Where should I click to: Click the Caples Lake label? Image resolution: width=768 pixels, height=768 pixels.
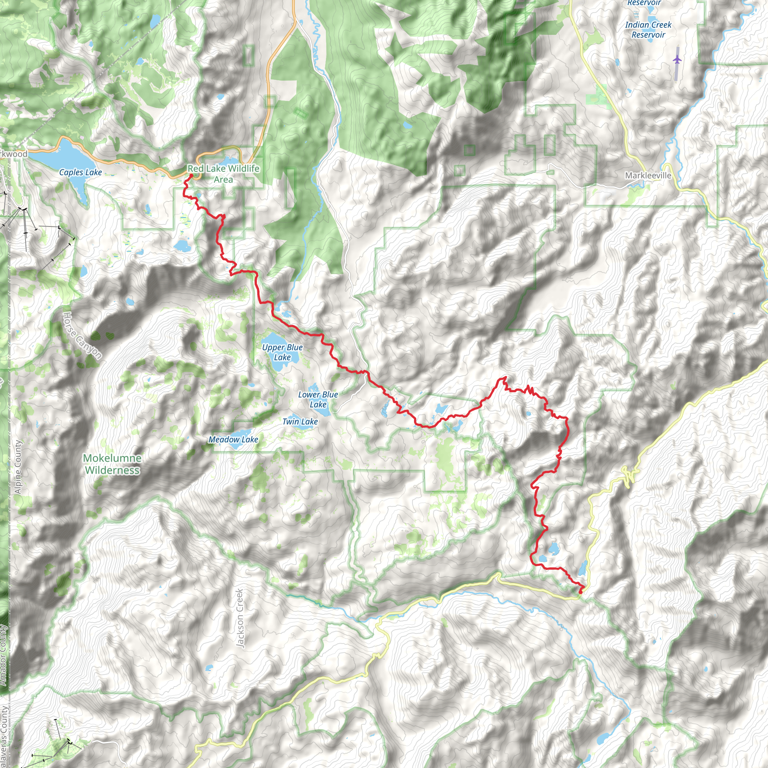click(80, 172)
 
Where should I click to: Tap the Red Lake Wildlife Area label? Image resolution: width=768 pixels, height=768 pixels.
click(223, 174)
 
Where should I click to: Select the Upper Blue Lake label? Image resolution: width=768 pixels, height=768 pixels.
click(282, 352)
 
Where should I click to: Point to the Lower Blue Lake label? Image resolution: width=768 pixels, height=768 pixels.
click(318, 399)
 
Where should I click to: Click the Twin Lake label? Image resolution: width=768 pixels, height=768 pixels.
click(300, 421)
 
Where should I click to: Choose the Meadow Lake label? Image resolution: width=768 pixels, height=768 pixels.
click(233, 439)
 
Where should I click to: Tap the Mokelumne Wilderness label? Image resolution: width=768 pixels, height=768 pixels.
click(112, 464)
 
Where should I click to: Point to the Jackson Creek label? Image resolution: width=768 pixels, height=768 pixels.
click(240, 618)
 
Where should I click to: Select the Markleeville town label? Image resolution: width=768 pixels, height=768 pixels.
click(648, 175)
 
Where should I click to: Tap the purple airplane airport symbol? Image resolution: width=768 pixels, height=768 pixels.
click(677, 60)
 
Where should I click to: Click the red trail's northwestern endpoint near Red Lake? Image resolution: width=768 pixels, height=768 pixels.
click(191, 175)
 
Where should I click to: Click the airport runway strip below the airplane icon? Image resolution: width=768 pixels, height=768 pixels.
click(676, 72)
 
